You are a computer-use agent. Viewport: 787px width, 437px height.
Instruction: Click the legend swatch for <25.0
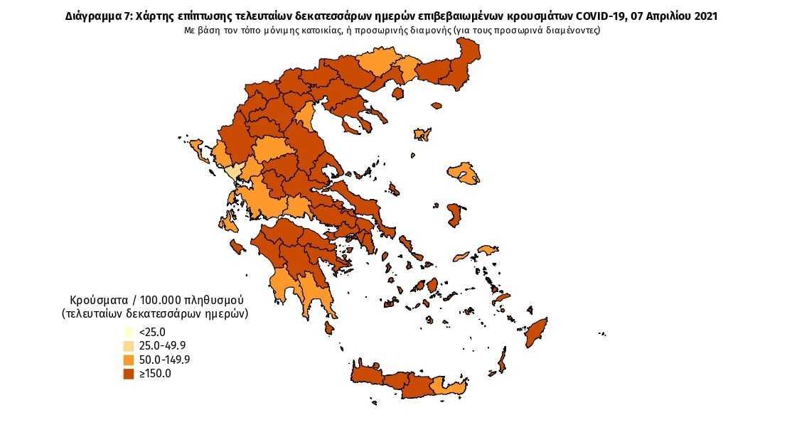click(129, 332)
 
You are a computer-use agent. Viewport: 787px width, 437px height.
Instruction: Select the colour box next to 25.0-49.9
click(129, 346)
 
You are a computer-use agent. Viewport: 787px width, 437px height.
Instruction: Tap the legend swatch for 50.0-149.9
click(129, 360)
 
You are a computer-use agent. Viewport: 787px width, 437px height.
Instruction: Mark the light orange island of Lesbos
click(462, 173)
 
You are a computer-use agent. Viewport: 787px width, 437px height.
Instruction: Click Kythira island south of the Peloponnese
click(328, 328)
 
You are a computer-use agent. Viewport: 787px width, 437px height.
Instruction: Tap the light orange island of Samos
click(487, 250)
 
